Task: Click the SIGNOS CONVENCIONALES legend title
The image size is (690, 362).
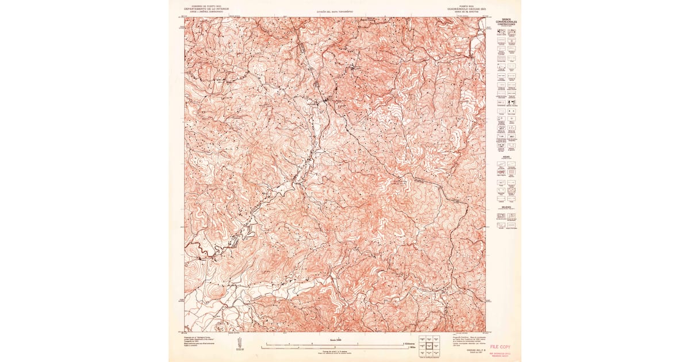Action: [507, 22]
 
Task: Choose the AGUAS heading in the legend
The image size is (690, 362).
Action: [507, 155]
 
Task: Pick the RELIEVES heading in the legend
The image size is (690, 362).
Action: [507, 206]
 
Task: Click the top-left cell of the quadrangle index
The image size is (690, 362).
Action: [421, 339]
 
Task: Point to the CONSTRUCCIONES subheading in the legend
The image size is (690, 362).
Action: [507, 25]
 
